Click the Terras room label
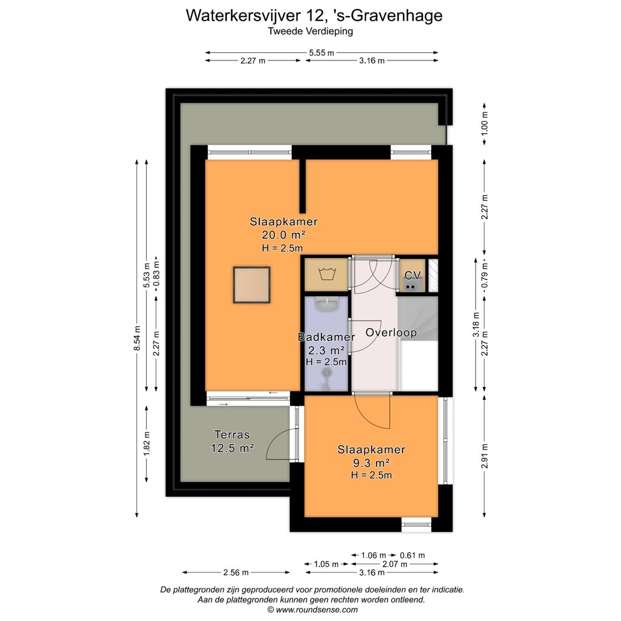[x=232, y=435]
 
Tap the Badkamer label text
[x=327, y=337]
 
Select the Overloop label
[x=391, y=333]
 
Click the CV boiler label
[x=412, y=275]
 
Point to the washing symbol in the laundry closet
[x=327, y=273]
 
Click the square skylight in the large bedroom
[x=251, y=285]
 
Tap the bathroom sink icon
[x=327, y=304]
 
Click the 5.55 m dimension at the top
[x=321, y=53]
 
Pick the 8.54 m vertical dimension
[x=137, y=338]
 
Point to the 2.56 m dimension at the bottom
[x=236, y=572]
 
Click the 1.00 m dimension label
[x=484, y=123]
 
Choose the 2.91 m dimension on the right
[x=484, y=455]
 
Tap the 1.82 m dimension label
[x=147, y=443]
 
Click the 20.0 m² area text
[x=283, y=235]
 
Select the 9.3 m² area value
[x=371, y=462]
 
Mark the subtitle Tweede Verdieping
[x=310, y=31]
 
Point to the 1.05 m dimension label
[x=327, y=564]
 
